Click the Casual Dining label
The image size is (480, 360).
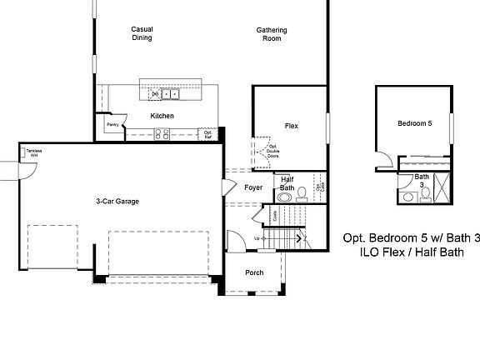[142, 33]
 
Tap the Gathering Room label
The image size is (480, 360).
[271, 34]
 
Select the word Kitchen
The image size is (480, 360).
[162, 115]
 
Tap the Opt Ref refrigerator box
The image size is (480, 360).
[207, 132]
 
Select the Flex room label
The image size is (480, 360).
[291, 126]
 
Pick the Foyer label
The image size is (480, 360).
[253, 187]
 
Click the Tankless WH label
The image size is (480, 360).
[33, 152]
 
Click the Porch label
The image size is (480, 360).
[255, 273]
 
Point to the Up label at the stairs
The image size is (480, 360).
[256, 238]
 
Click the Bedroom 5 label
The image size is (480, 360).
[414, 124]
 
